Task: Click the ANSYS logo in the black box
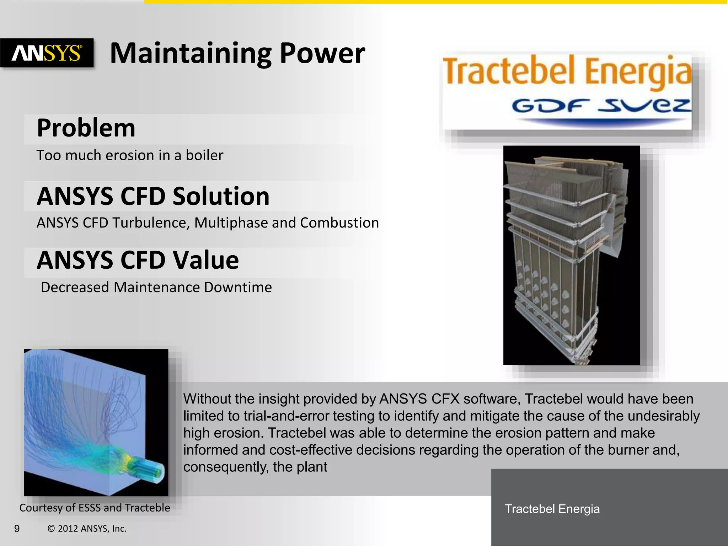47,53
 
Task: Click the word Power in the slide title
322,53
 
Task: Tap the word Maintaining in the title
191,53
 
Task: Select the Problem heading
86,128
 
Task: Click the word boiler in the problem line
204,155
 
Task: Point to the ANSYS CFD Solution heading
153,196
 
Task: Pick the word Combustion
339,223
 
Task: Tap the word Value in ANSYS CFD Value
206,260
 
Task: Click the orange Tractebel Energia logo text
567,71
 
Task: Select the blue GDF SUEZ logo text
601,106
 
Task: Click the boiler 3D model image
571,255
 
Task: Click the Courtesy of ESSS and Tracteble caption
95,508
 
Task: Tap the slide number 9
17,529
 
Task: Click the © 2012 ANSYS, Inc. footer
87,529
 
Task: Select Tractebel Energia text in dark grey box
552,509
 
